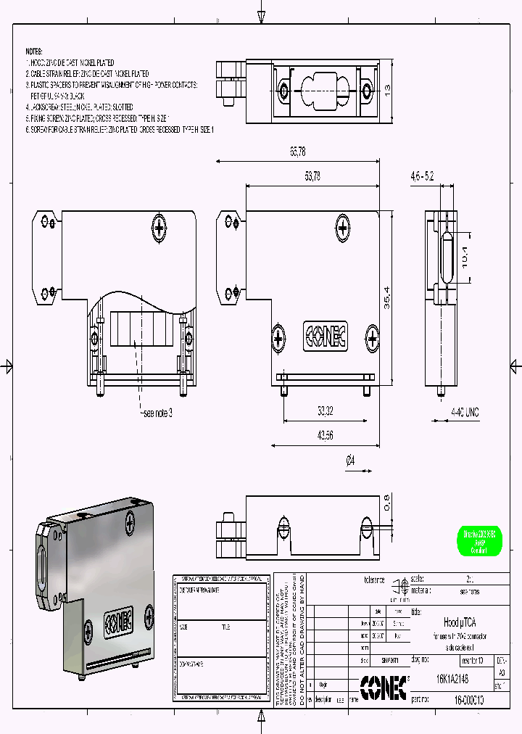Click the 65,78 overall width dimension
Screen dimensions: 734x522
pyautogui.click(x=297, y=152)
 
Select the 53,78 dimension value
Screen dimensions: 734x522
pyautogui.click(x=312, y=176)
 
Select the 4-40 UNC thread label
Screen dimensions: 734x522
pyautogui.click(x=465, y=412)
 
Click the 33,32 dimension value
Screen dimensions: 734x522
pyautogui.click(x=325, y=411)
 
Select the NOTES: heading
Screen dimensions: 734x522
pyautogui.click(x=34, y=52)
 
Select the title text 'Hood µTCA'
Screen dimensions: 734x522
pyautogui.click(x=455, y=622)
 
